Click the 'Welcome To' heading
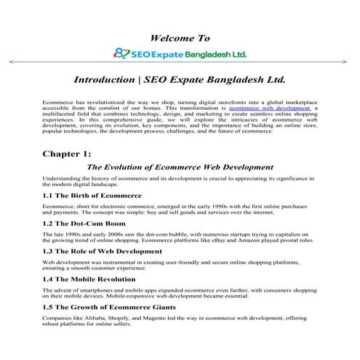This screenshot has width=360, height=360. tap(179, 37)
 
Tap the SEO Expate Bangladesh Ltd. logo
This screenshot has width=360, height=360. tap(180, 53)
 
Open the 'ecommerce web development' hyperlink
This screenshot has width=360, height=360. tap(270, 107)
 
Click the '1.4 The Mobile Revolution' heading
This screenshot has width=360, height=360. tap(89, 278)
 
